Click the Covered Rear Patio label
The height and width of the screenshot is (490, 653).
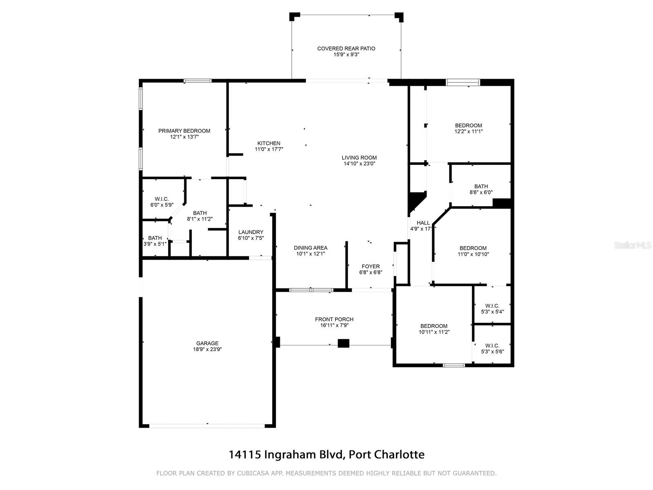point(346,49)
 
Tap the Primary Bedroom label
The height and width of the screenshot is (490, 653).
point(184,131)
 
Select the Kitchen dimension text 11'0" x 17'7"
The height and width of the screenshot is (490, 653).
point(269,149)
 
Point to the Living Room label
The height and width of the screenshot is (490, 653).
point(359,158)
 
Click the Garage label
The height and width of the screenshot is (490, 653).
point(207,343)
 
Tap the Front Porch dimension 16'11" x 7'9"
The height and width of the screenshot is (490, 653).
point(334,325)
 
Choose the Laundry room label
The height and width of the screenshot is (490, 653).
point(251,232)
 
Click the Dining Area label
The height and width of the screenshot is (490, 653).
point(311,248)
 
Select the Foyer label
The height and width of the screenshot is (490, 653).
point(371,267)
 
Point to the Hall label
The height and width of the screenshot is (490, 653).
point(423,223)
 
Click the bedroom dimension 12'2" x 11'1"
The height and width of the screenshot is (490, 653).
point(469,131)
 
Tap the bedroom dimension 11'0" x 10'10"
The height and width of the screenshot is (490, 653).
point(473,254)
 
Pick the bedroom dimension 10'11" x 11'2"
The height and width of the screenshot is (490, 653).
point(434,332)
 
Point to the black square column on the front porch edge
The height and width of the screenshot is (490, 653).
point(343,343)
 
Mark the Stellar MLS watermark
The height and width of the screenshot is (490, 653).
point(633,245)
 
